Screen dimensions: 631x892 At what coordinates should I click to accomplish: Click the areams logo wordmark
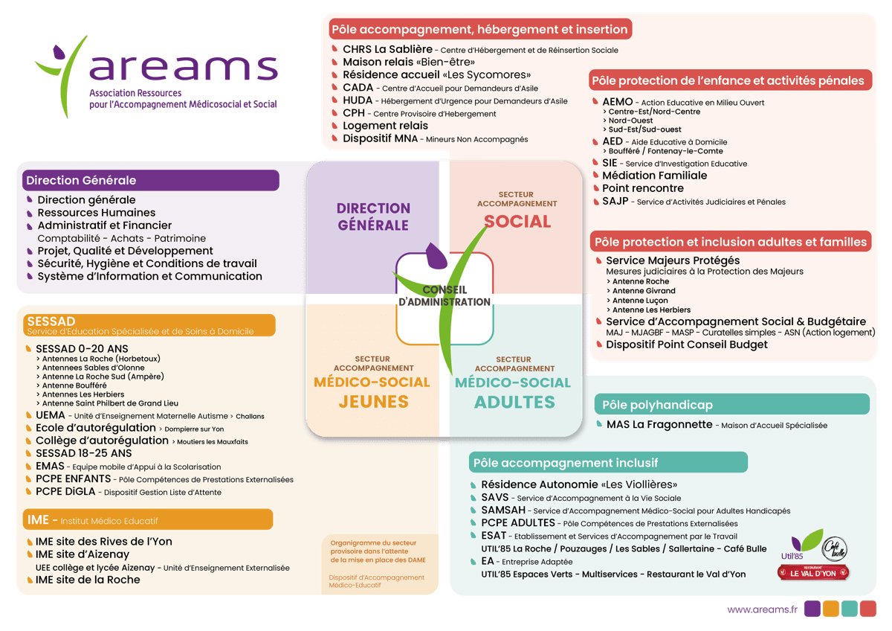182,68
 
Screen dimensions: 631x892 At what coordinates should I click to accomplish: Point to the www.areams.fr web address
762,609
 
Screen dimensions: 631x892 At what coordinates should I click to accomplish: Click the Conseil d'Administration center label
445,295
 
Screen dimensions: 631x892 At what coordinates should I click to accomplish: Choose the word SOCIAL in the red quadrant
517,221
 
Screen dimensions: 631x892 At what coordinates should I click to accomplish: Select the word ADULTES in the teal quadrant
514,402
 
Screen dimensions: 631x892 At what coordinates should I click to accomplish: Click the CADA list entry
358,88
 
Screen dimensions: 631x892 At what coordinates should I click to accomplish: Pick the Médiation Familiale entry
654,176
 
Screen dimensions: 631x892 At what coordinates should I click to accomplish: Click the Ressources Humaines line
96,212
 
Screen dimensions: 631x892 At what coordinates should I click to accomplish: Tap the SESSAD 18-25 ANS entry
83,452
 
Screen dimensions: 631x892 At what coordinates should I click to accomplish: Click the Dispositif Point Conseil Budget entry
686,345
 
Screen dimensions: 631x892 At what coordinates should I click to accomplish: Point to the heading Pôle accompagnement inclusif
566,463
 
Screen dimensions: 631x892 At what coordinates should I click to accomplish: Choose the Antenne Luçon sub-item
641,301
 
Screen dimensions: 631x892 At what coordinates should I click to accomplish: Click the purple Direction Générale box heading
81,180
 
